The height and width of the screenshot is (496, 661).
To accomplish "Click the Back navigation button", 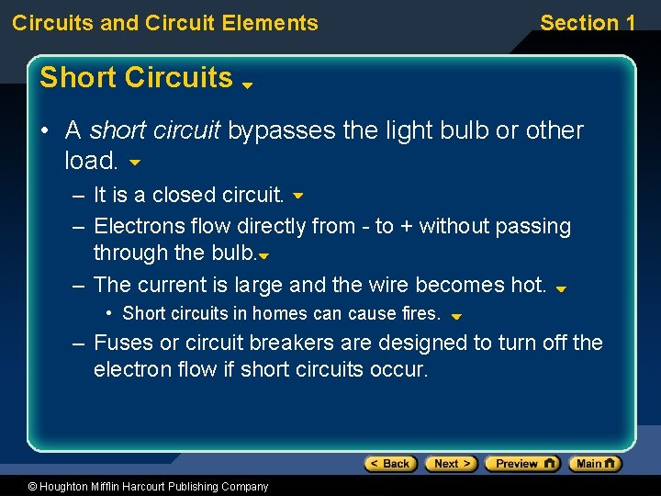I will tap(390, 464).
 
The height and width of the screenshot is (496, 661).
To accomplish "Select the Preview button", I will tap(521, 464).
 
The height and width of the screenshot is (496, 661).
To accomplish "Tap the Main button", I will tap(595, 464).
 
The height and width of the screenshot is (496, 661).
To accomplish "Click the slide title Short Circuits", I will tap(136, 78).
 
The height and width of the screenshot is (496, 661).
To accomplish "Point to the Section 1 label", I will tap(587, 23).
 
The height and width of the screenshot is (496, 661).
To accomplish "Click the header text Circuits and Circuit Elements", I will tap(165, 23).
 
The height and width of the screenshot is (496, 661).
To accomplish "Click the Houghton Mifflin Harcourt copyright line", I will tap(135, 487).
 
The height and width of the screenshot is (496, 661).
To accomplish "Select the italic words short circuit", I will tap(155, 130).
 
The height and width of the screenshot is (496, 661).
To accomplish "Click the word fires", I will tap(420, 313).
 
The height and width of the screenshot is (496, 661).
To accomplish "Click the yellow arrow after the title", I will tap(247, 85).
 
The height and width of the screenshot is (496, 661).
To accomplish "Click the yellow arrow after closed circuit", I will tap(297, 196).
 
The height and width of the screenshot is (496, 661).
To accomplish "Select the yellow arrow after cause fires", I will tap(456, 316).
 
